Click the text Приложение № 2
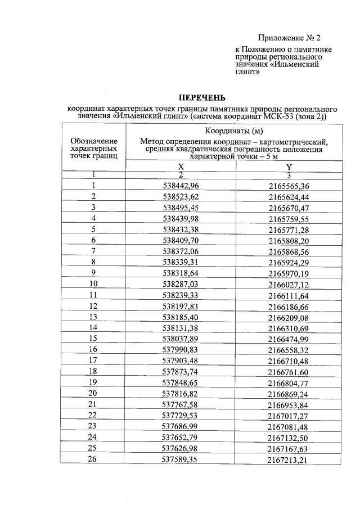pyautogui.click(x=289, y=38)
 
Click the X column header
pyautogui.click(x=181, y=167)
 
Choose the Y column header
pyautogui.click(x=289, y=167)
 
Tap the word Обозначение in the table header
pyautogui.click(x=94, y=141)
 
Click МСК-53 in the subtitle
pyautogui.click(x=276, y=116)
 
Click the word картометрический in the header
pyautogui.click(x=293, y=141)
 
